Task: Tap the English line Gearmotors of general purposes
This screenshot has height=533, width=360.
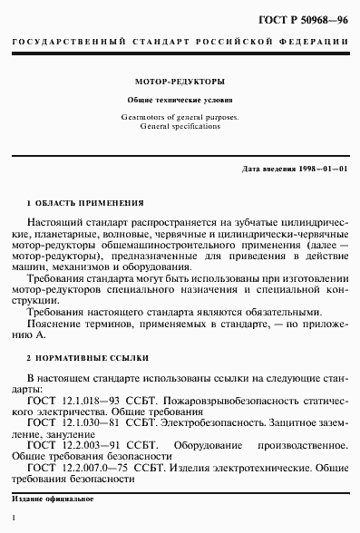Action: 180,117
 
